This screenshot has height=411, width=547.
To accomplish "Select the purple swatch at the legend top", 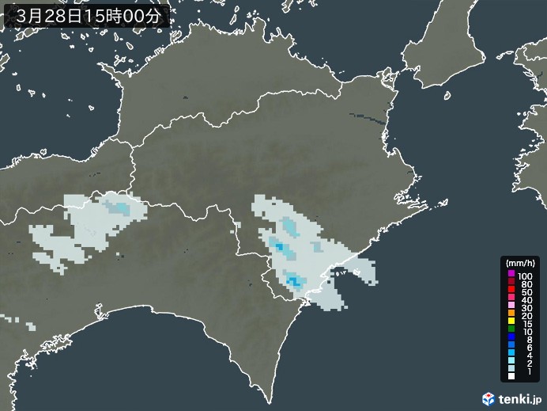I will point(511,274).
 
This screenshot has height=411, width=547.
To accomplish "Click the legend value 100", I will point(525,274).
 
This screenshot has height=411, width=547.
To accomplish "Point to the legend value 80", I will point(523,284).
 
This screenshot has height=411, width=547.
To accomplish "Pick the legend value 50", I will point(523,292).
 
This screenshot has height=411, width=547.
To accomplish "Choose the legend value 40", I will point(523,301).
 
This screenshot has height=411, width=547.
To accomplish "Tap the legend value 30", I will point(523,310).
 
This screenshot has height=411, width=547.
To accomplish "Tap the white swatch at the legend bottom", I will point(511,387).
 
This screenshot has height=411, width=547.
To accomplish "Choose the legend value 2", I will point(521,371).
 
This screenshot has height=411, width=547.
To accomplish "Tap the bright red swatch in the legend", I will point(511,292).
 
